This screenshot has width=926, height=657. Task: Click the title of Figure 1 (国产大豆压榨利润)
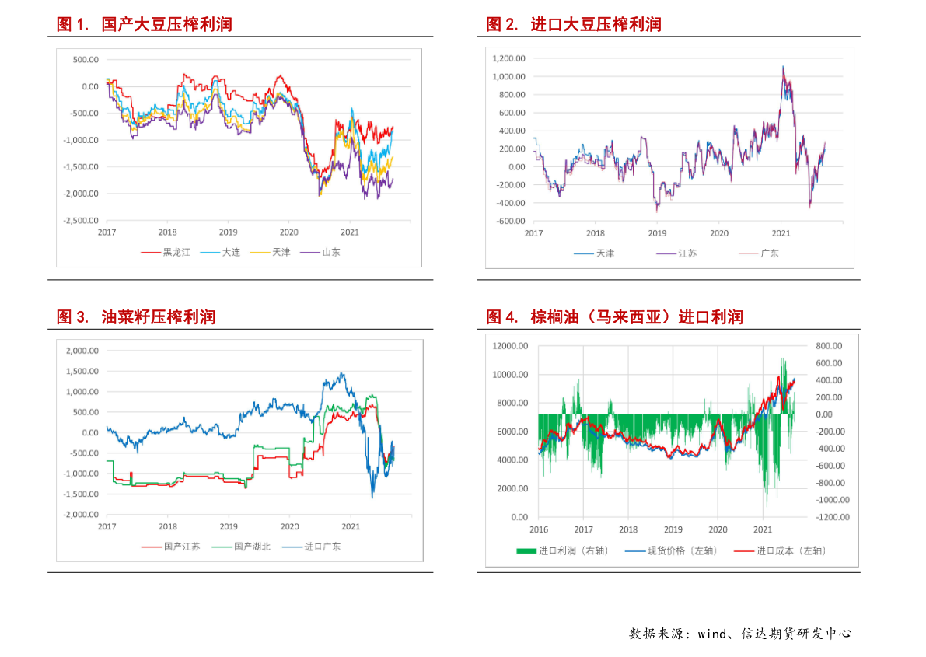(x=144, y=25)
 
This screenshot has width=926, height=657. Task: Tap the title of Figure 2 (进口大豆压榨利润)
(x=573, y=25)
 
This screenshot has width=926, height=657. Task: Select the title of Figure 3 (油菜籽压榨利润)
(x=136, y=317)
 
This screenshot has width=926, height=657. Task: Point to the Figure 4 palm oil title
(x=614, y=317)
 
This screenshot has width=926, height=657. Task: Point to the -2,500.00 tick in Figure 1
(x=80, y=220)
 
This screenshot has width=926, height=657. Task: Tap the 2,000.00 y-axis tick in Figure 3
(x=82, y=351)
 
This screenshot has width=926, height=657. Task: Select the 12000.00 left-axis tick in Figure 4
(x=510, y=346)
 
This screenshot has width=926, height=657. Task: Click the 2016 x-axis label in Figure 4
(x=539, y=529)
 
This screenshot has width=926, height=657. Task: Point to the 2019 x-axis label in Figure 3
(x=229, y=526)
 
